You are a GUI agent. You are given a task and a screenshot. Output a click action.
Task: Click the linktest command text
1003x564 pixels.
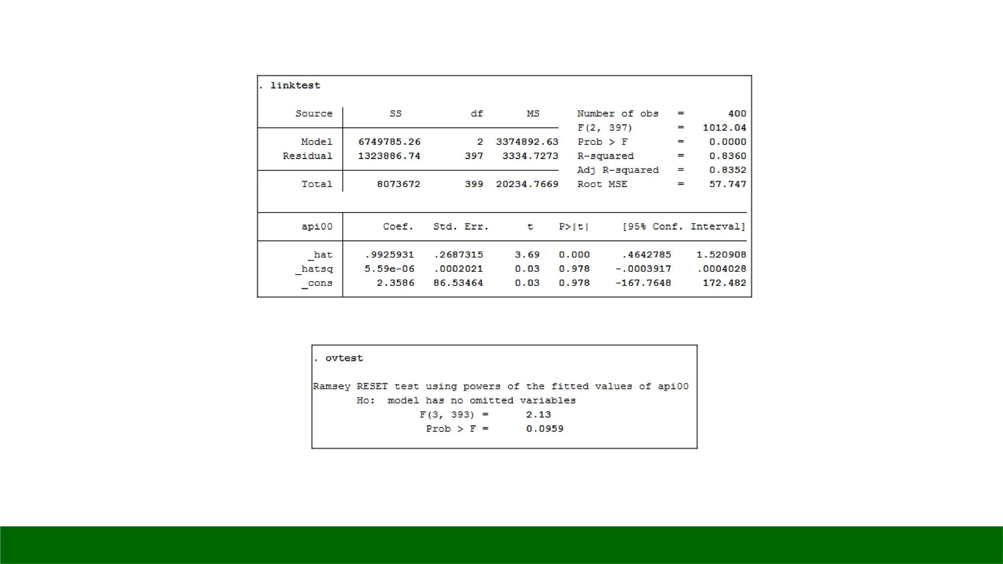pos(295,86)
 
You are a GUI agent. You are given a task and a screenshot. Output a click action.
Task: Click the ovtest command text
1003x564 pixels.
pos(344,358)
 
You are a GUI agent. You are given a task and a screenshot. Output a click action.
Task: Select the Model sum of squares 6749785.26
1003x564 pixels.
pos(389,142)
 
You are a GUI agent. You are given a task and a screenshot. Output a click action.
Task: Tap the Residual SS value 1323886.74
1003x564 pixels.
pos(389,156)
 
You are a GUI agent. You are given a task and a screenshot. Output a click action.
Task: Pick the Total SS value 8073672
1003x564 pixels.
pos(399,185)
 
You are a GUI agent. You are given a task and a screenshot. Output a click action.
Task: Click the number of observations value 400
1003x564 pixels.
pos(737,114)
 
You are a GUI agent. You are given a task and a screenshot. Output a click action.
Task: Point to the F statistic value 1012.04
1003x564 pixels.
pos(724,128)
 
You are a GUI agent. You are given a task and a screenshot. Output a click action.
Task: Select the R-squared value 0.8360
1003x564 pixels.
pos(728,156)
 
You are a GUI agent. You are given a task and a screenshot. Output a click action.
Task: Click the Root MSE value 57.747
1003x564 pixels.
pos(728,185)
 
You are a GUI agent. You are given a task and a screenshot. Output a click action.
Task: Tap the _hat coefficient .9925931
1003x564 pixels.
pos(389,255)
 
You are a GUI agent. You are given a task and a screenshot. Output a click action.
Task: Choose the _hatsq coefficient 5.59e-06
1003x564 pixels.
pos(389,269)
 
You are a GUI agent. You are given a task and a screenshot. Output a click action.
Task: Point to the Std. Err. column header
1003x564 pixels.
pos(461,227)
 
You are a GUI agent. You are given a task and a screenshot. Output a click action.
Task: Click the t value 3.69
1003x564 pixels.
pos(527,255)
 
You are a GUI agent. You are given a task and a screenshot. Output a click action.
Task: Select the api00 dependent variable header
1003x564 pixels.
pos(317,227)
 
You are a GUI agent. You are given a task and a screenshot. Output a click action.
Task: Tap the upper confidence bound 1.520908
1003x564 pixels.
pos(721,255)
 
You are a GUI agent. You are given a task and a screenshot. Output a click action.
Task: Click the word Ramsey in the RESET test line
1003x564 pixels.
pos(332,387)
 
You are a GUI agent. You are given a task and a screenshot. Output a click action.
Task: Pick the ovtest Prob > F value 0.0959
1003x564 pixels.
pos(545,429)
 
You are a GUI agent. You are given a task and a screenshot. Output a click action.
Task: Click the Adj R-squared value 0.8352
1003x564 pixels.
pos(728,170)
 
